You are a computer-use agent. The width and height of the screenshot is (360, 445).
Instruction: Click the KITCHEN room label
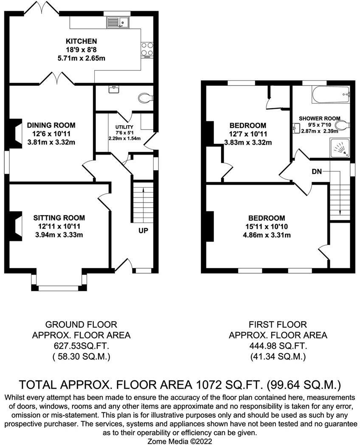[x=82, y=41]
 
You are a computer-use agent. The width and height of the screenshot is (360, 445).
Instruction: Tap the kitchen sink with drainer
[x=118, y=22]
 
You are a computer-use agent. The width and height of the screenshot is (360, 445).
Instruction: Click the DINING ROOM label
[x=51, y=125]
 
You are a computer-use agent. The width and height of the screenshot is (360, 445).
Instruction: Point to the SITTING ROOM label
[x=59, y=218]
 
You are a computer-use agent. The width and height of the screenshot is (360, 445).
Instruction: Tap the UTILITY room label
[x=124, y=127]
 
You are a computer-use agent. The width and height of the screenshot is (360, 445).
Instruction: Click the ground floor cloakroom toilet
[x=146, y=98]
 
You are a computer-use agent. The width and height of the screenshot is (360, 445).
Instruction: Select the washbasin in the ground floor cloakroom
[x=114, y=89]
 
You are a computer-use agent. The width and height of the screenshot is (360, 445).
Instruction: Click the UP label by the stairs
[x=143, y=231]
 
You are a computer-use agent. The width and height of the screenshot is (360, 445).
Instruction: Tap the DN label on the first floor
[x=317, y=172]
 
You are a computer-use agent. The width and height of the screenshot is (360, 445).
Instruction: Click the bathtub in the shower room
[x=331, y=95]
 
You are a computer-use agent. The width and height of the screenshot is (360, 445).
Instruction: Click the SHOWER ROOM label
[x=320, y=118]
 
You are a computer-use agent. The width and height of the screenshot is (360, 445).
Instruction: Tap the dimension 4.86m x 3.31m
[x=266, y=235]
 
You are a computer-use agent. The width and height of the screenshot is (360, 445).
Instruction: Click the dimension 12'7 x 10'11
[x=248, y=134]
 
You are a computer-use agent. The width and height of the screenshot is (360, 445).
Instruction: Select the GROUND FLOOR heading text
[x=81, y=324]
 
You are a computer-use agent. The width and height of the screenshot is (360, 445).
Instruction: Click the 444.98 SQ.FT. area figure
[x=278, y=346]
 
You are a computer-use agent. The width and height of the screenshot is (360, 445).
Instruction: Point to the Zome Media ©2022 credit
[x=180, y=441]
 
